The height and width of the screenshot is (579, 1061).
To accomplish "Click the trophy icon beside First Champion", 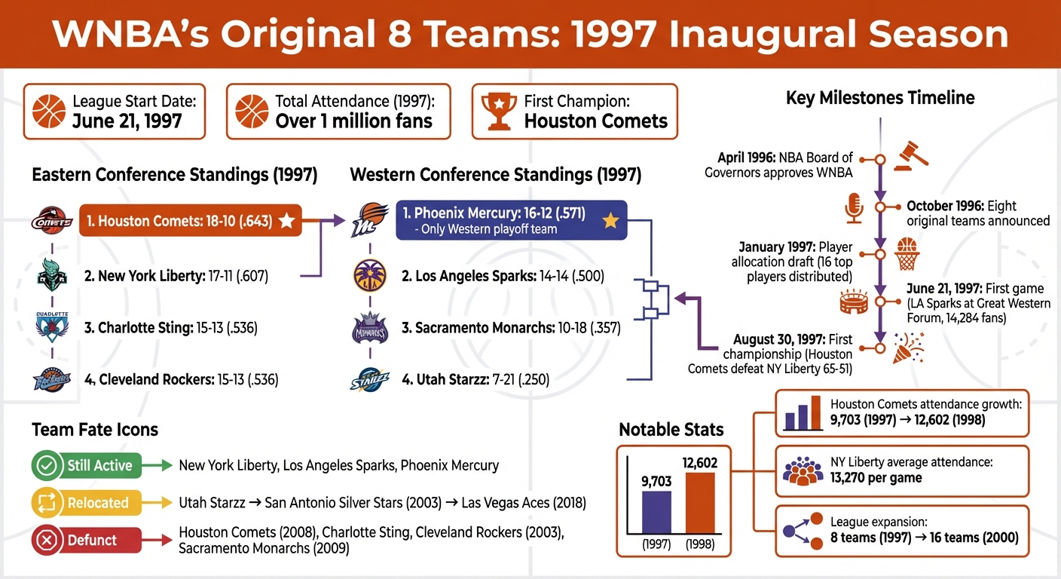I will tap(497, 112).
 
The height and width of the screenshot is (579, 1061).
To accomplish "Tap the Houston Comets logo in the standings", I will tap(52, 221).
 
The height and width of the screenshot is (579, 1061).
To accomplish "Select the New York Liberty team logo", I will tap(52, 277).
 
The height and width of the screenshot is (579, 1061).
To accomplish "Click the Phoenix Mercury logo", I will tap(370, 219).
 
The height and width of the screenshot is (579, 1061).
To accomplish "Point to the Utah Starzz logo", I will tap(370, 379).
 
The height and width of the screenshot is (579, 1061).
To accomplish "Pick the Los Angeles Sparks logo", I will tap(370, 276).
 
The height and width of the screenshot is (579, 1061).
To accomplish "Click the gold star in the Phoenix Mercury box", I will tap(610, 220).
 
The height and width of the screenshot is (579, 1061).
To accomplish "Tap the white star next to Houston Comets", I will tap(286, 221).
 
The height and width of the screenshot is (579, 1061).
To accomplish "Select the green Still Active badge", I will tap(86, 466).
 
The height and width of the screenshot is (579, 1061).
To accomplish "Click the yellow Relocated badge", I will tap(86, 503).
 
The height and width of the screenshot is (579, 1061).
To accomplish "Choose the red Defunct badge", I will tap(86, 540).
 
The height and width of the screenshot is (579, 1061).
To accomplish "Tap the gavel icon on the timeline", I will tap(910, 154).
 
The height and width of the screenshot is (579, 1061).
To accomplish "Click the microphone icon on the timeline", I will tap(853, 207).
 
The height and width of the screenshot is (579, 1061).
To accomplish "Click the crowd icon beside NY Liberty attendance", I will tap(803, 470).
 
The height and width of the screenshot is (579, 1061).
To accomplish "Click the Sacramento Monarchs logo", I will tap(370, 329).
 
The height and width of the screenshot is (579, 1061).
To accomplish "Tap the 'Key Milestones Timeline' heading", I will tap(879, 98).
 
